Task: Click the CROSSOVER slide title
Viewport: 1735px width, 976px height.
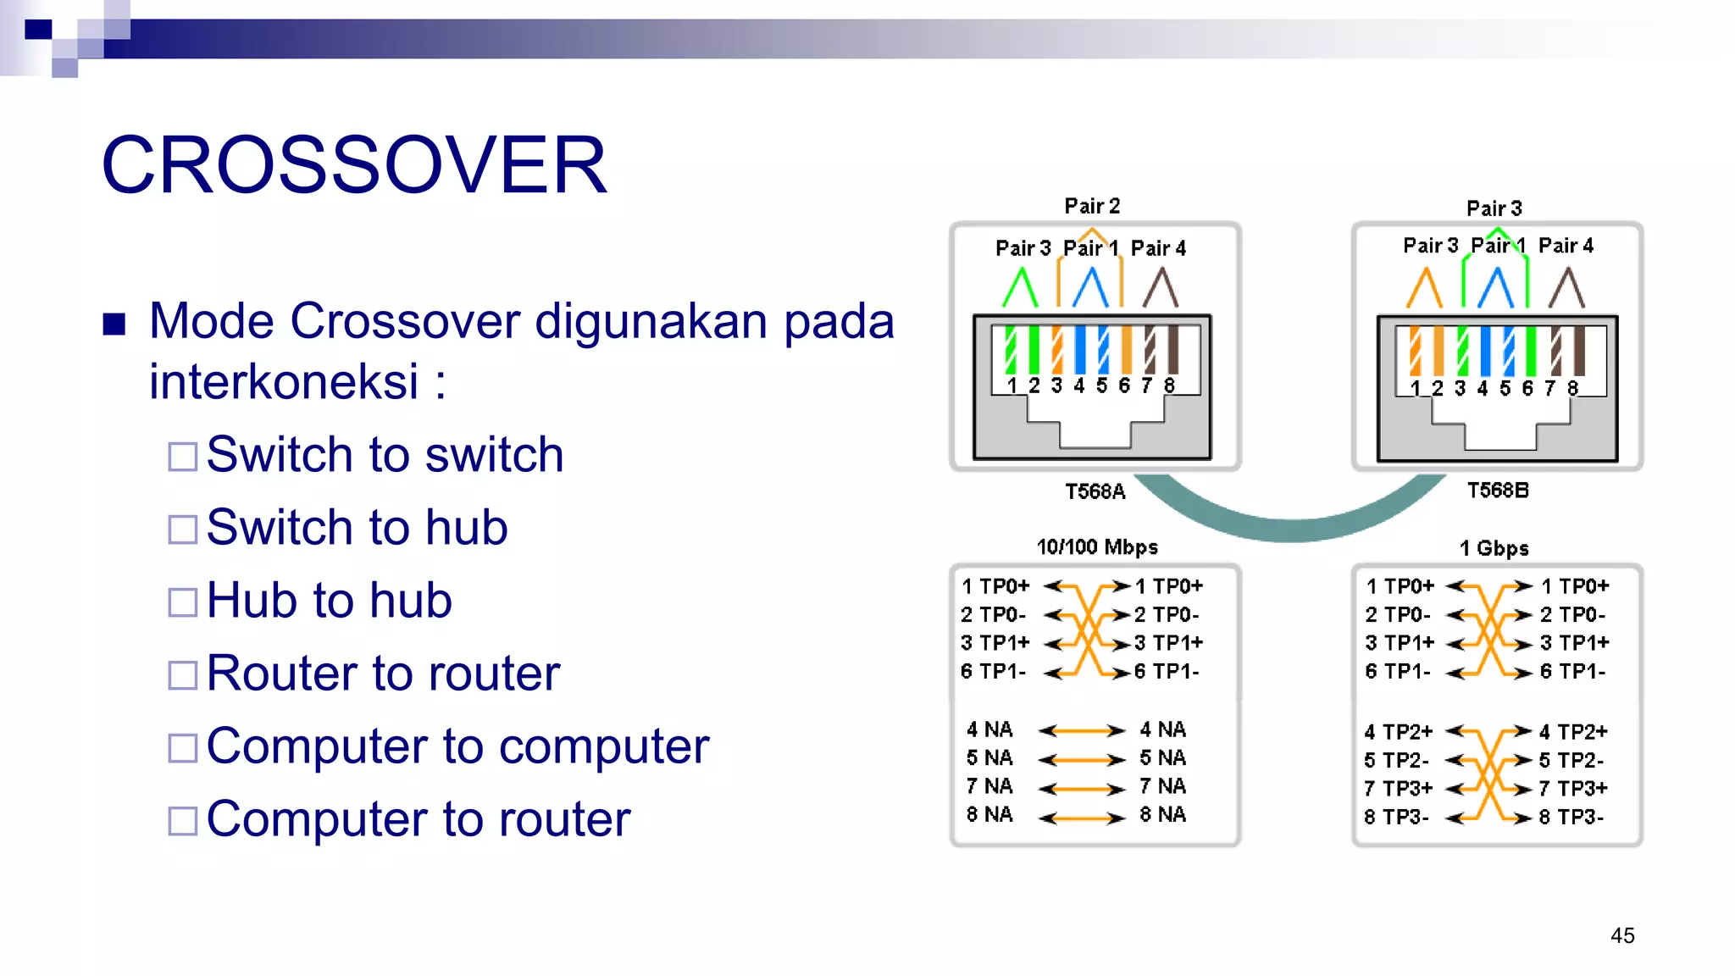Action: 354,165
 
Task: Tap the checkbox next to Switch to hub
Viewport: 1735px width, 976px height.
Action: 182,530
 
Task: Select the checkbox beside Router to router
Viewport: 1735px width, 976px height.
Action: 182,675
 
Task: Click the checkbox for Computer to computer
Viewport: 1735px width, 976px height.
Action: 182,748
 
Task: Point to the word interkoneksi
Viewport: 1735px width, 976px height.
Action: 284,381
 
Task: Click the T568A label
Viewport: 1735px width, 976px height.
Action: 1095,491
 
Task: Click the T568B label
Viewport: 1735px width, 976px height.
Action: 1497,491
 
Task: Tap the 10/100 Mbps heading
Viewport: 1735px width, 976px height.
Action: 1097,547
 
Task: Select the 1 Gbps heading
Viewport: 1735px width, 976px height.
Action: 1494,548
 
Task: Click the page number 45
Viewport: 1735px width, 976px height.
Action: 1622,935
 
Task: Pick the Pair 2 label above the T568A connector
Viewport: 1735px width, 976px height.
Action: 1092,206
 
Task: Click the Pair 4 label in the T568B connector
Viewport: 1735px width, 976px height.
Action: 1566,246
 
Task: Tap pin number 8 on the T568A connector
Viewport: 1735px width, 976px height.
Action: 1169,385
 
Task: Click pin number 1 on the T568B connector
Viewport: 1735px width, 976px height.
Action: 1415,389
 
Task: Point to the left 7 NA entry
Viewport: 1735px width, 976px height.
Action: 989,786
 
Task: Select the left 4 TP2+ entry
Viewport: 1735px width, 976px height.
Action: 1398,731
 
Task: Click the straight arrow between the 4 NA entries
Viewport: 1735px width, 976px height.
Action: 1081,730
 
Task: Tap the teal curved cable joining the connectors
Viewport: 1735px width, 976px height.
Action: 1292,525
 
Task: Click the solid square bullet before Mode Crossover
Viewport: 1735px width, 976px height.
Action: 114,324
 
